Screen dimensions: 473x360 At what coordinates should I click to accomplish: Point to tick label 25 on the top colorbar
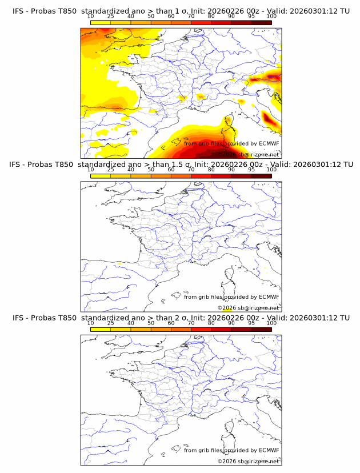click(110, 17)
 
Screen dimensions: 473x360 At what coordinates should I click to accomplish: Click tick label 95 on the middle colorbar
click(251, 170)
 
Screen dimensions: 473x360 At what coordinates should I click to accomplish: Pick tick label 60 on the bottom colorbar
click(171, 323)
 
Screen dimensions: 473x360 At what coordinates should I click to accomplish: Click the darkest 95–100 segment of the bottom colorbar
click(261, 330)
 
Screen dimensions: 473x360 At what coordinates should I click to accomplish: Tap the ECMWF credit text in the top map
click(231, 143)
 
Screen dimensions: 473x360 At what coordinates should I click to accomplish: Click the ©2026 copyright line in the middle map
click(248, 308)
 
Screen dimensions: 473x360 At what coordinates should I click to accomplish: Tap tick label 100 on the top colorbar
click(271, 17)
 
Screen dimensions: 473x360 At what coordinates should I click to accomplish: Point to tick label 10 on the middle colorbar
click(90, 170)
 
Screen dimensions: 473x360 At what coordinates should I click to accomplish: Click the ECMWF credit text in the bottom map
click(231, 450)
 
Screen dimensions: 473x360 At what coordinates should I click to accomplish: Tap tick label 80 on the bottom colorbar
click(211, 323)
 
